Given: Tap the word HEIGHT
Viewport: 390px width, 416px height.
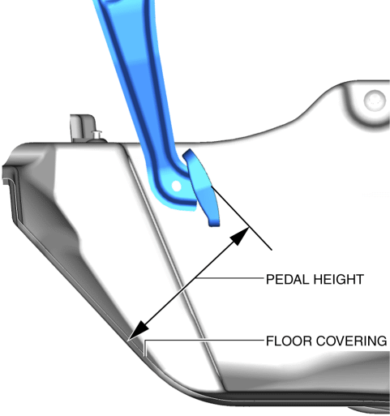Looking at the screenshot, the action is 336,280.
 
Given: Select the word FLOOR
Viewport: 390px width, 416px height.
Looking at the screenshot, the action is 289,341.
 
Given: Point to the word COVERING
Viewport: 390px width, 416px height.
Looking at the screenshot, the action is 352,341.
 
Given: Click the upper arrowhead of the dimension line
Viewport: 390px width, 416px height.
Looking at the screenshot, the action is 239,236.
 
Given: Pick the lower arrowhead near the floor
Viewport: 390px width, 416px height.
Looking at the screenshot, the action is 139,330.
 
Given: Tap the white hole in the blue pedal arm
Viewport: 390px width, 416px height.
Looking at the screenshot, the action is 176,186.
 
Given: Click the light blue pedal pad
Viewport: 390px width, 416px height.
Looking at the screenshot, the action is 202,187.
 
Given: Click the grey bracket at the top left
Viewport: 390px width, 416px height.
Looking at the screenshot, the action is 83,128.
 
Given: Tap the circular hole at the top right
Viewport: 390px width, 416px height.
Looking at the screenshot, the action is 375,100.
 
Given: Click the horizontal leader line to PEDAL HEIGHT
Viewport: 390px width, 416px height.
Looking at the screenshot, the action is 229,277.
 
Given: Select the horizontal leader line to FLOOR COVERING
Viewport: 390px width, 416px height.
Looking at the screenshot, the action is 204,340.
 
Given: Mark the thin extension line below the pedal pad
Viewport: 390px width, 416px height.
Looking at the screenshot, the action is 242,218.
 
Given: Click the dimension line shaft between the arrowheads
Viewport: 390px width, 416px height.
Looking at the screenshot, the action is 189,283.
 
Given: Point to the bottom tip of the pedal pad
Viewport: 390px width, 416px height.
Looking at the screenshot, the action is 214,225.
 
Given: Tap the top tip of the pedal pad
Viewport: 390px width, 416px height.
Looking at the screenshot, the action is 189,150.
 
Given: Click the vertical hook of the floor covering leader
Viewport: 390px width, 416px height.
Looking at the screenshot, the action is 145,348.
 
